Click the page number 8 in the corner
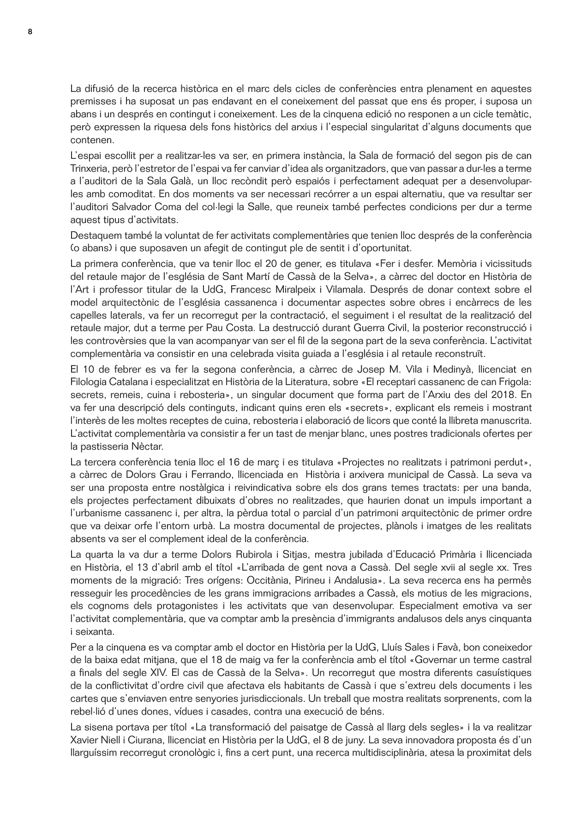[x=30, y=32]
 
